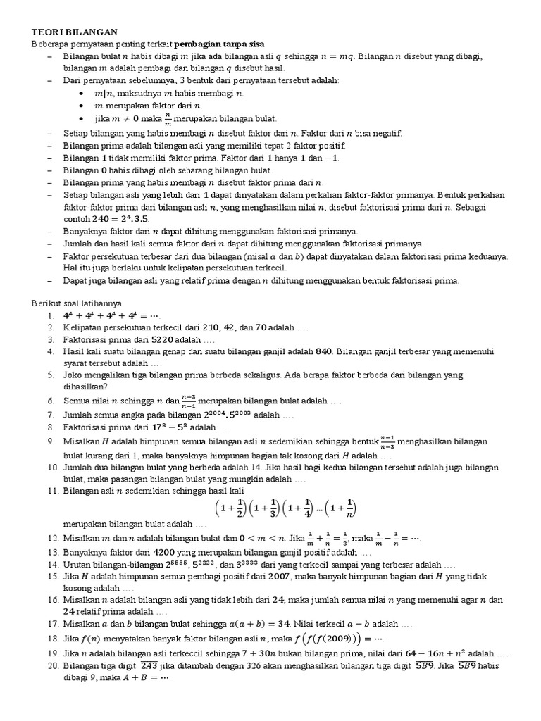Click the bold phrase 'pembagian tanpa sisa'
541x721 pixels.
(219, 44)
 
